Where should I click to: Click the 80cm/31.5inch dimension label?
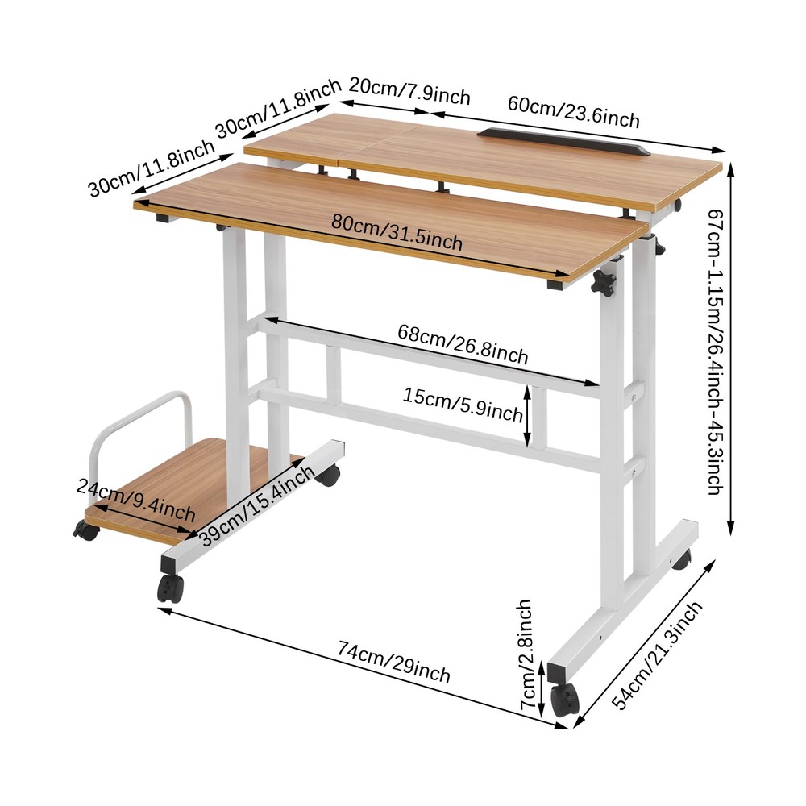pos(396,233)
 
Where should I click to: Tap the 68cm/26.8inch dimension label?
pos(463,343)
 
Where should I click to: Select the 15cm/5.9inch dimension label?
pos(464,405)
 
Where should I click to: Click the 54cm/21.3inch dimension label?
pos(657,657)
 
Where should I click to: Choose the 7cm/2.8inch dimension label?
pos(525,654)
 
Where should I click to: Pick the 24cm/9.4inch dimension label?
pos(136,499)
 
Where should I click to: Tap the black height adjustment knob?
pos(603,282)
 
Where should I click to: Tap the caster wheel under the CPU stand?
pos(85,530)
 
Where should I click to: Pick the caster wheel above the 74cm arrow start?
pos(170,588)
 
